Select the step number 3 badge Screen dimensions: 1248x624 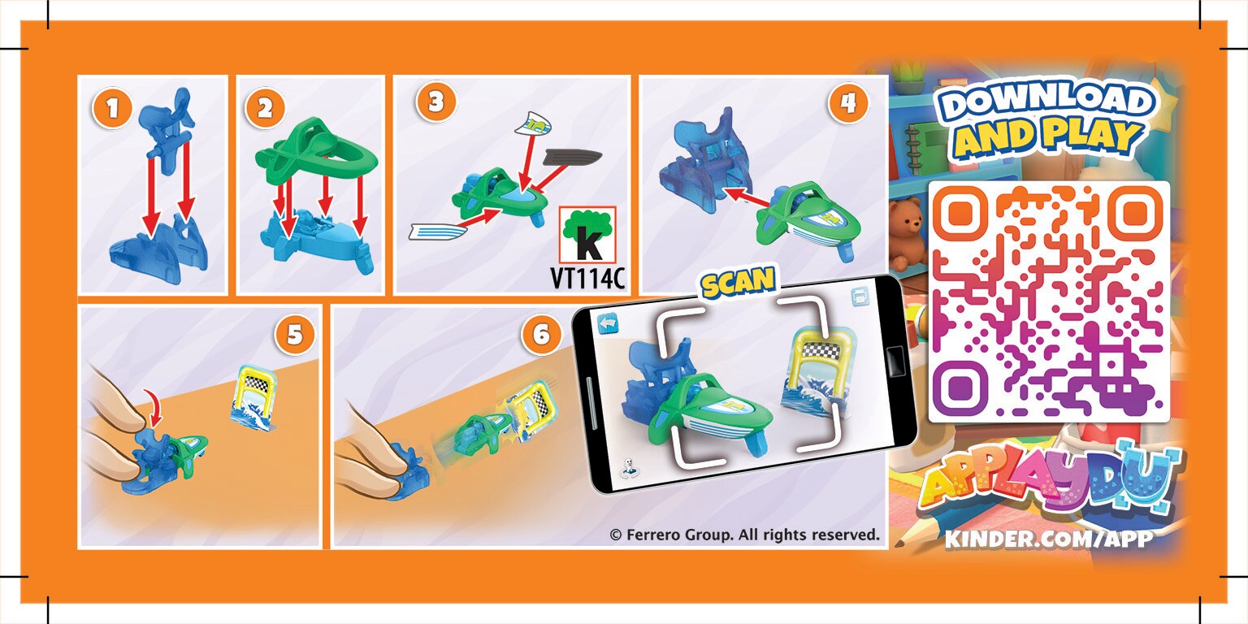click(435, 102)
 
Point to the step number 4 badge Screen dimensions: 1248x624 click(848, 103)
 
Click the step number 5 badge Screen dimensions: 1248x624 click(294, 335)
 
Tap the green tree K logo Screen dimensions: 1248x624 click(587, 235)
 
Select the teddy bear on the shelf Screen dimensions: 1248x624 click(906, 234)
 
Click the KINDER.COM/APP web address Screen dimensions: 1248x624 click(1049, 539)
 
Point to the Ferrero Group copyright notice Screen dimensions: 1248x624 click(744, 535)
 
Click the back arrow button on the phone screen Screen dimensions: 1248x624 click(609, 324)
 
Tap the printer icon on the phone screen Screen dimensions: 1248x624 click(860, 297)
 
